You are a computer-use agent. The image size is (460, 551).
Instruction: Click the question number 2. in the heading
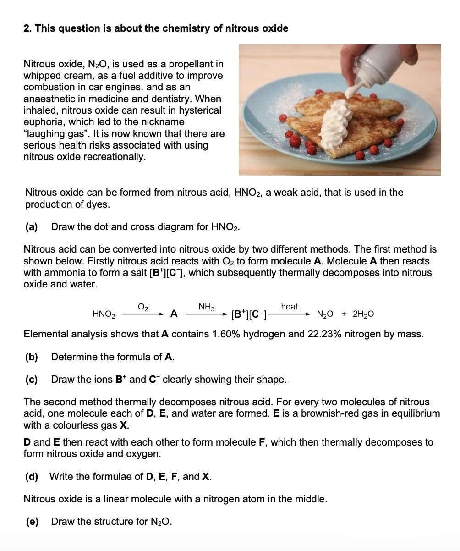pos(28,28)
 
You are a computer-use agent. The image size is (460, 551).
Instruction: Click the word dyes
pos(99,204)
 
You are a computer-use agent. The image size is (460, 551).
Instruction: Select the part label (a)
pos(32,227)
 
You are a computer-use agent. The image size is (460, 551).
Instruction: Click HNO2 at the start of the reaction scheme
pos(104,314)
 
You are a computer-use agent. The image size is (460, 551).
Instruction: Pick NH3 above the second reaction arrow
pos(207,306)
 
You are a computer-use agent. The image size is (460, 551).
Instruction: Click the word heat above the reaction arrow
pos(289,306)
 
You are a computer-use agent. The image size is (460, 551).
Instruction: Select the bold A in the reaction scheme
pos(174,314)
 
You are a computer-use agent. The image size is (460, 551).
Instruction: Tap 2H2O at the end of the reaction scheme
pos(363,314)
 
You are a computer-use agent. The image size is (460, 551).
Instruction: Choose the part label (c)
pos(32,380)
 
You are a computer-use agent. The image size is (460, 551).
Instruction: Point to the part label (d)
pos(32,477)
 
